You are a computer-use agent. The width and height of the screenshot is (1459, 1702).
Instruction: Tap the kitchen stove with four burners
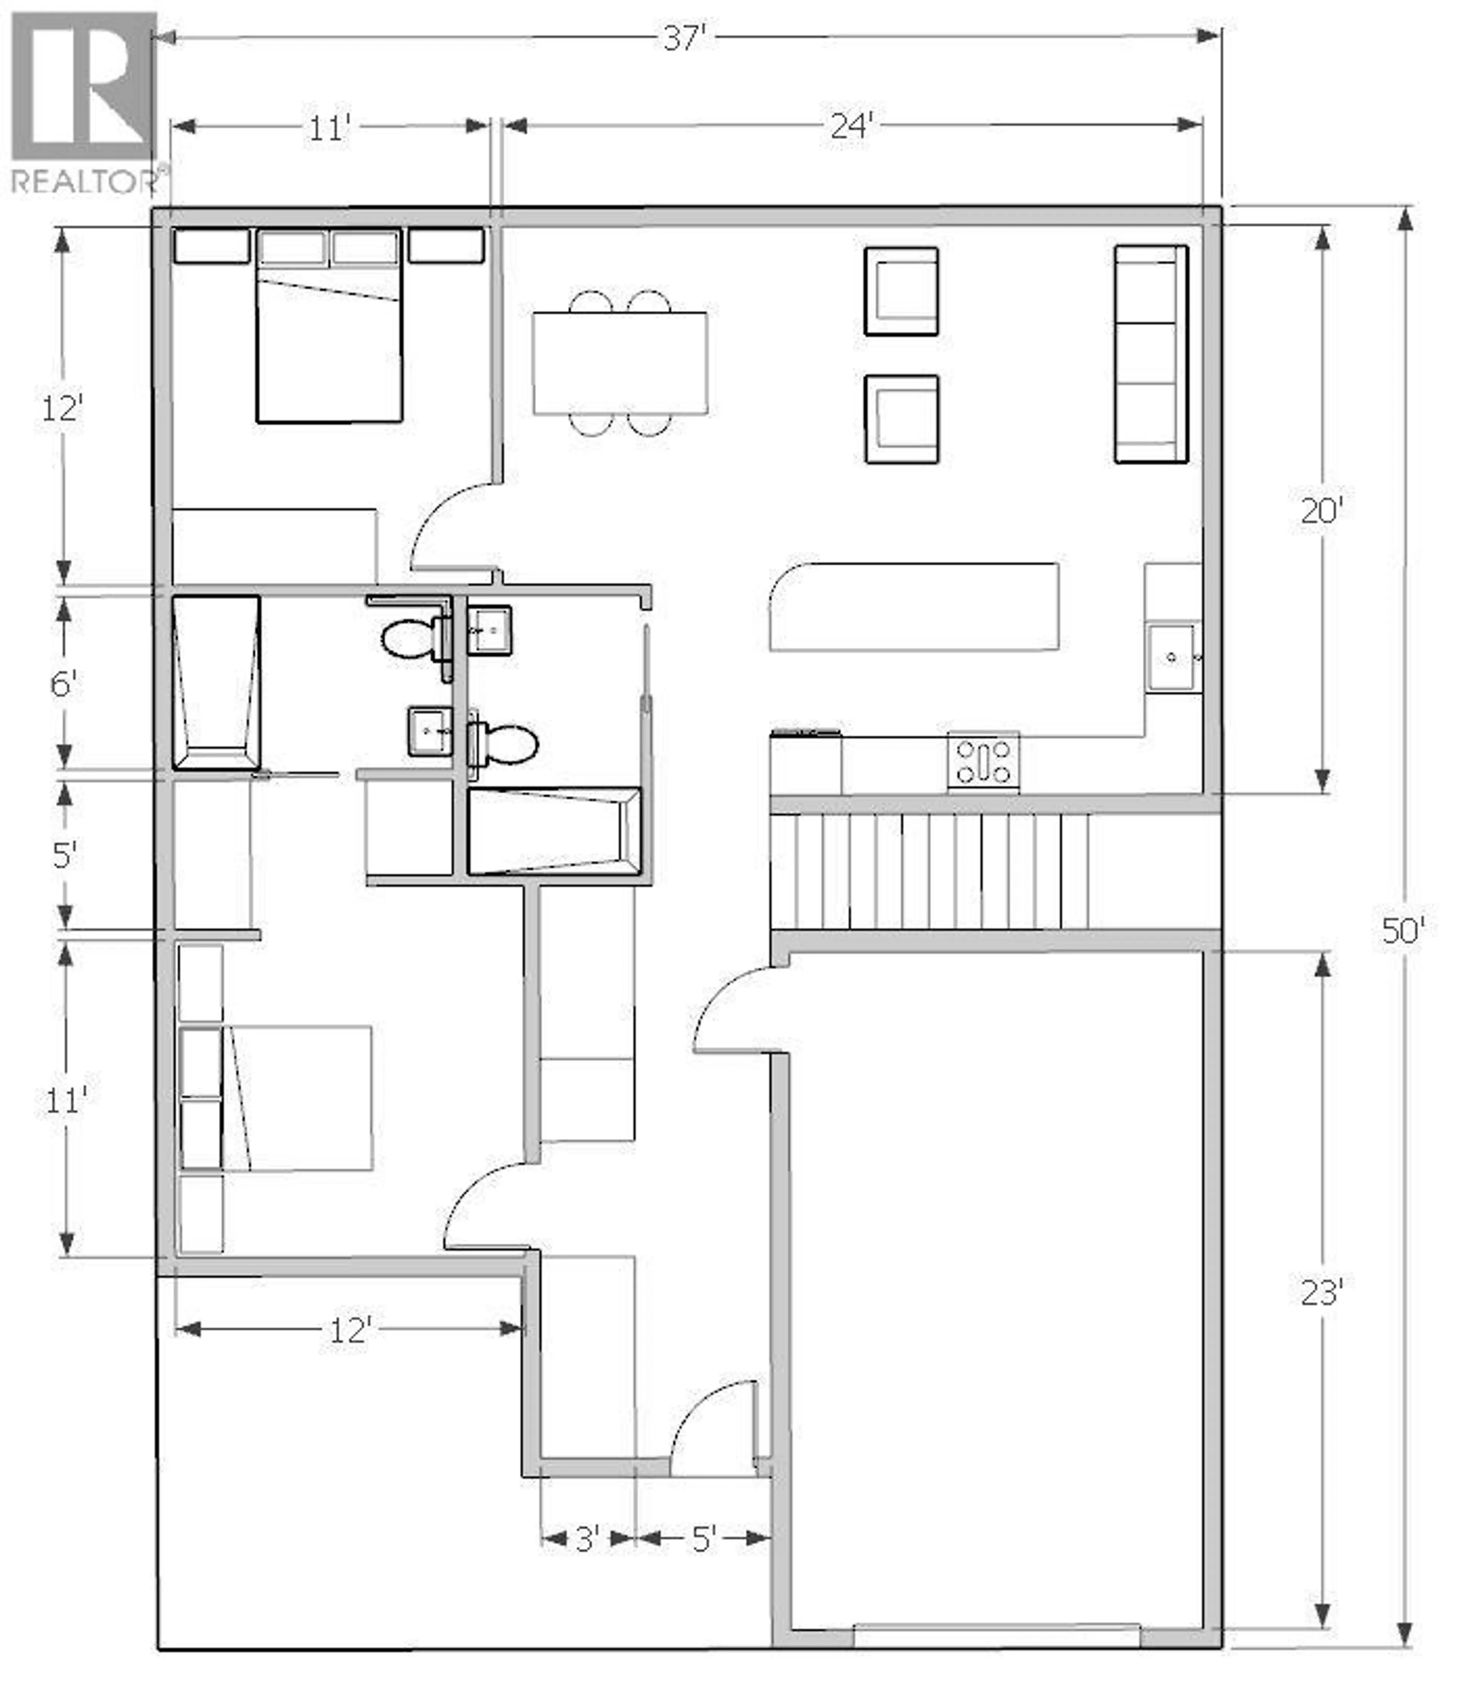[983, 761]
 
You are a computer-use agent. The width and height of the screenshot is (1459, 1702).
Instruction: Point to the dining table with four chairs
[620, 363]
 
